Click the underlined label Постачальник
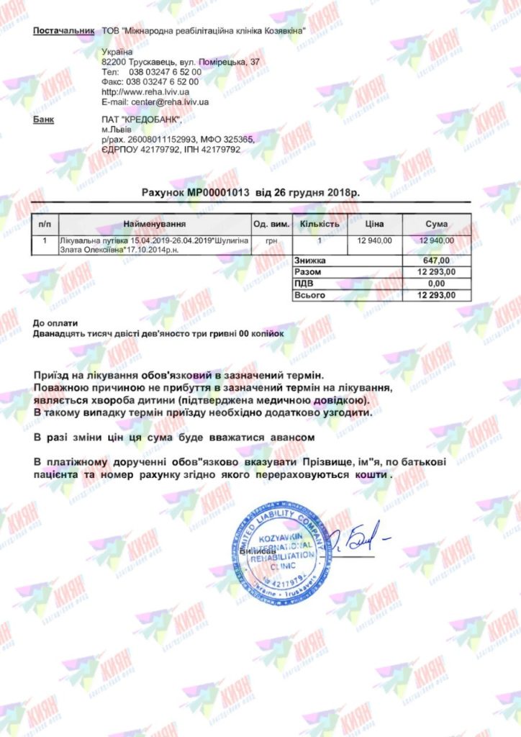[64, 31]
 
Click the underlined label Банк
[43, 119]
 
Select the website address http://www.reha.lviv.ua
[145, 92]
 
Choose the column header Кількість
[320, 225]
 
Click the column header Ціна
[374, 225]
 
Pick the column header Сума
[436, 225]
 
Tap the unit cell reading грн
[271, 240]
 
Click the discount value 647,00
[436, 261]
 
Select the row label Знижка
[310, 261]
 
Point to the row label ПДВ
[305, 284]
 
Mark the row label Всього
[310, 295]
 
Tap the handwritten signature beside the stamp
[358, 541]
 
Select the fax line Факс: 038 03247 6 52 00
[151, 82]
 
